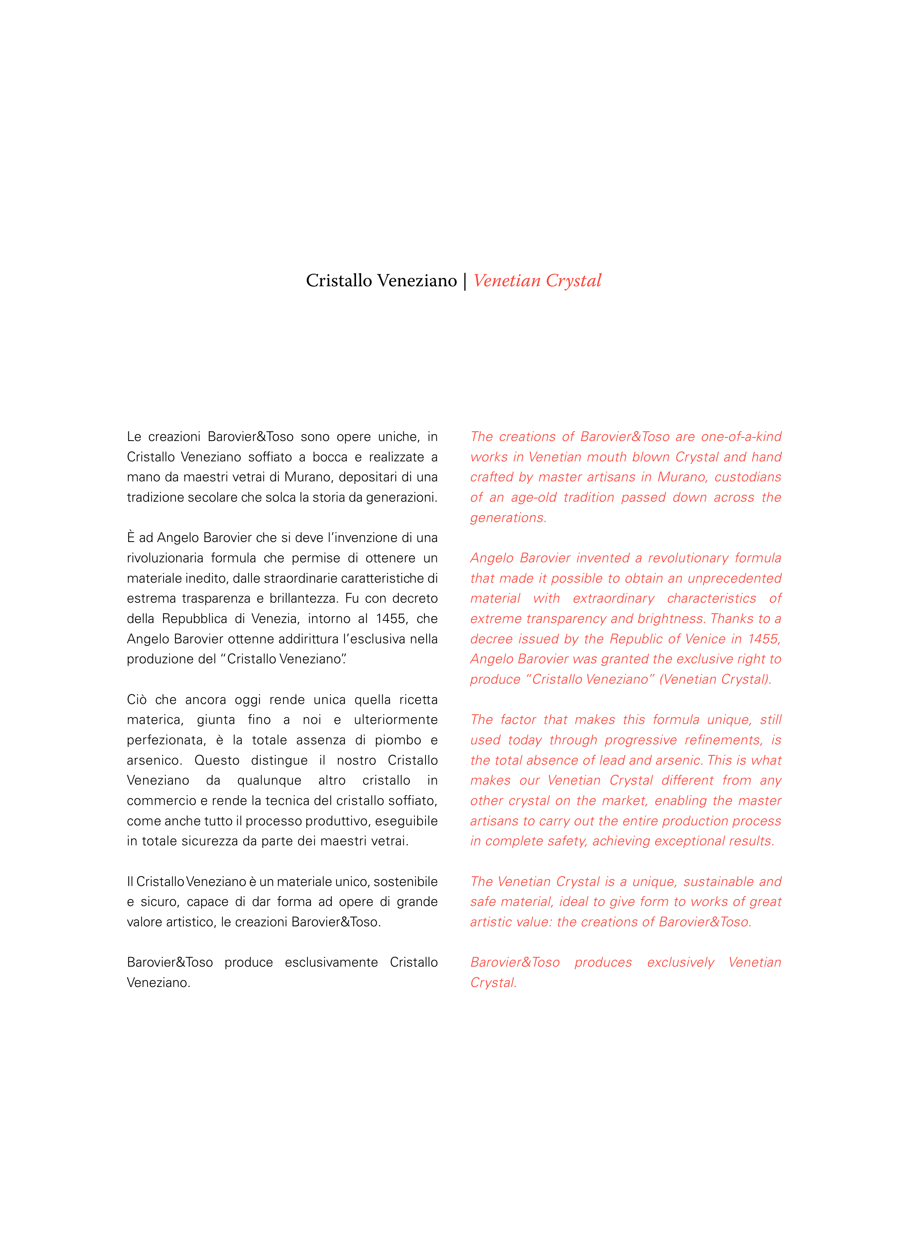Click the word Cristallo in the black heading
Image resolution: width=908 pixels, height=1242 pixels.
(x=339, y=280)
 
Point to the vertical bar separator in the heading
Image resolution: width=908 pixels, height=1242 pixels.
(x=465, y=280)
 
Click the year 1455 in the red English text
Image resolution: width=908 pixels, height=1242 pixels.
(x=763, y=639)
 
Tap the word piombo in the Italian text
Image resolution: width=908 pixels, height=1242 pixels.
(x=398, y=740)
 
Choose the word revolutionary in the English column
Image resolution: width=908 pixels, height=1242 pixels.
(x=687, y=558)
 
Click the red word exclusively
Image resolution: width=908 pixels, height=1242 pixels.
(x=681, y=962)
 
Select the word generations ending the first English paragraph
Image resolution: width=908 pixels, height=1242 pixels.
(x=507, y=518)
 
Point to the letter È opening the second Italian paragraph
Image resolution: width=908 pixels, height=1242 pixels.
(x=131, y=538)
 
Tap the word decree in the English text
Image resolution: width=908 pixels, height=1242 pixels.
(x=488, y=639)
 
